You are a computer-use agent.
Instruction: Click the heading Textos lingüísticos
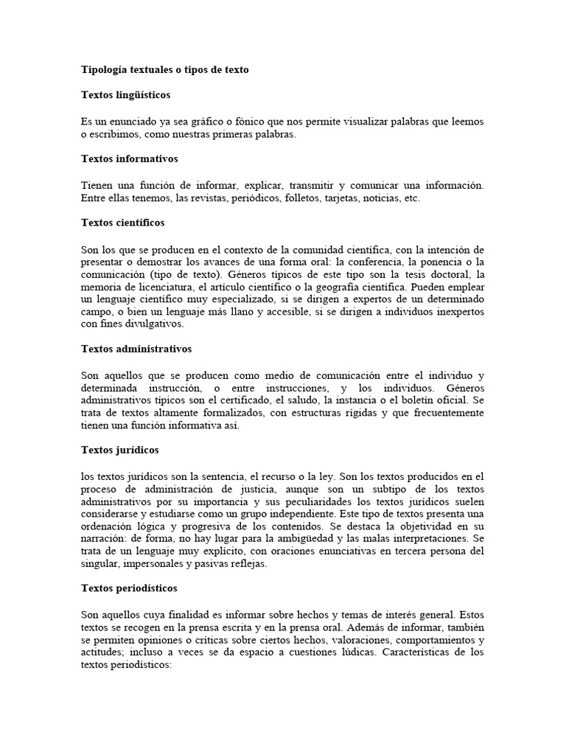point(125,95)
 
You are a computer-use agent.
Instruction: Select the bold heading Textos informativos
point(129,159)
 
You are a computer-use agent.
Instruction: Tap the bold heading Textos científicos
point(122,222)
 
